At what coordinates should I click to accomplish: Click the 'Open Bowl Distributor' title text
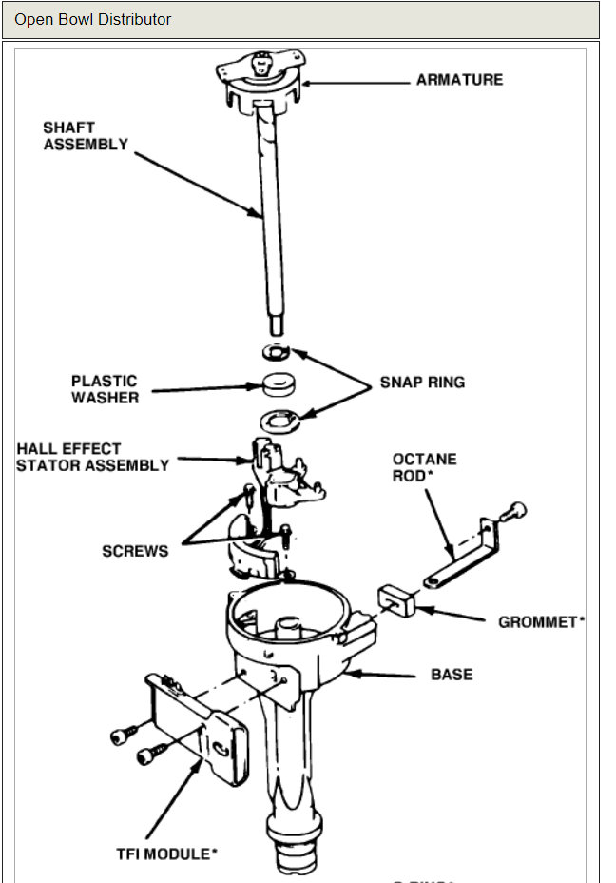92,19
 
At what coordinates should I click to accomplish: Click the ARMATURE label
459,80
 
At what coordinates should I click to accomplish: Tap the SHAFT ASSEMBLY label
85,136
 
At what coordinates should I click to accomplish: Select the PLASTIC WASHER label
104,389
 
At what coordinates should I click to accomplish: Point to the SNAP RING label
422,383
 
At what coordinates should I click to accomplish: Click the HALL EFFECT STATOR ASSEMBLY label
92,457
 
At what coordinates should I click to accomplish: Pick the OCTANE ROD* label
424,466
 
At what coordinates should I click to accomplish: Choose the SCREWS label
135,551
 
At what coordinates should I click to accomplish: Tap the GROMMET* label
541,622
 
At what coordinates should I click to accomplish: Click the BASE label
452,675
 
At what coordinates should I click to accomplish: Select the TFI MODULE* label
163,854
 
